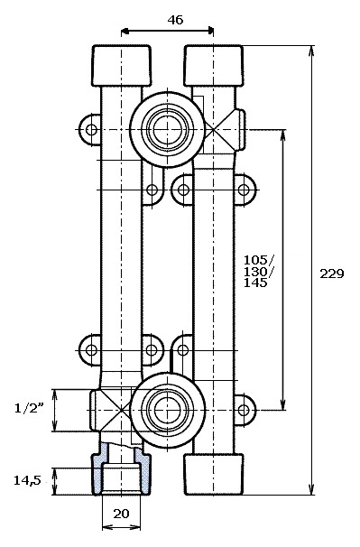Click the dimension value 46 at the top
[x=175, y=20]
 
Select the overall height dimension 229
[x=332, y=273]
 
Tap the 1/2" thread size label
[x=29, y=408]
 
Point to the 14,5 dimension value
[x=27, y=480]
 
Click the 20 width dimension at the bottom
[x=121, y=514]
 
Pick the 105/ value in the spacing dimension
[x=259, y=260]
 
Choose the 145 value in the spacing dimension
[x=255, y=283]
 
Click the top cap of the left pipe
[x=122, y=66]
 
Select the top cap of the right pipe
[x=213, y=66]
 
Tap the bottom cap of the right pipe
[x=214, y=474]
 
